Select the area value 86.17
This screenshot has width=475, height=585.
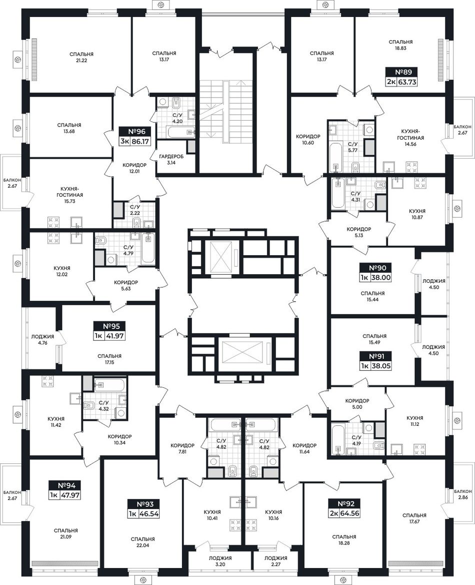tap(140, 142)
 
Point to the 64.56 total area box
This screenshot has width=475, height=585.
tap(349, 513)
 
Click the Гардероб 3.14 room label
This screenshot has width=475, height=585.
tap(171, 160)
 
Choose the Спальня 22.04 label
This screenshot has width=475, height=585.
tap(142, 542)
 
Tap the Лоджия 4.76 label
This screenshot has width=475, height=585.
tap(42, 339)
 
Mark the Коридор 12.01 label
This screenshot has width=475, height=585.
tap(134, 168)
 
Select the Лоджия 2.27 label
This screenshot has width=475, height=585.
tap(275, 561)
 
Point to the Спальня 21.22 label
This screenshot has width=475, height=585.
tap(81, 57)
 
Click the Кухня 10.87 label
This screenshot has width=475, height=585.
tap(417, 214)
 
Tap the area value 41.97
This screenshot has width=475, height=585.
tap(115, 336)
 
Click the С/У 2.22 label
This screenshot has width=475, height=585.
tap(135, 210)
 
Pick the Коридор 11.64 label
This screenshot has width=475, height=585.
tap(304, 448)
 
